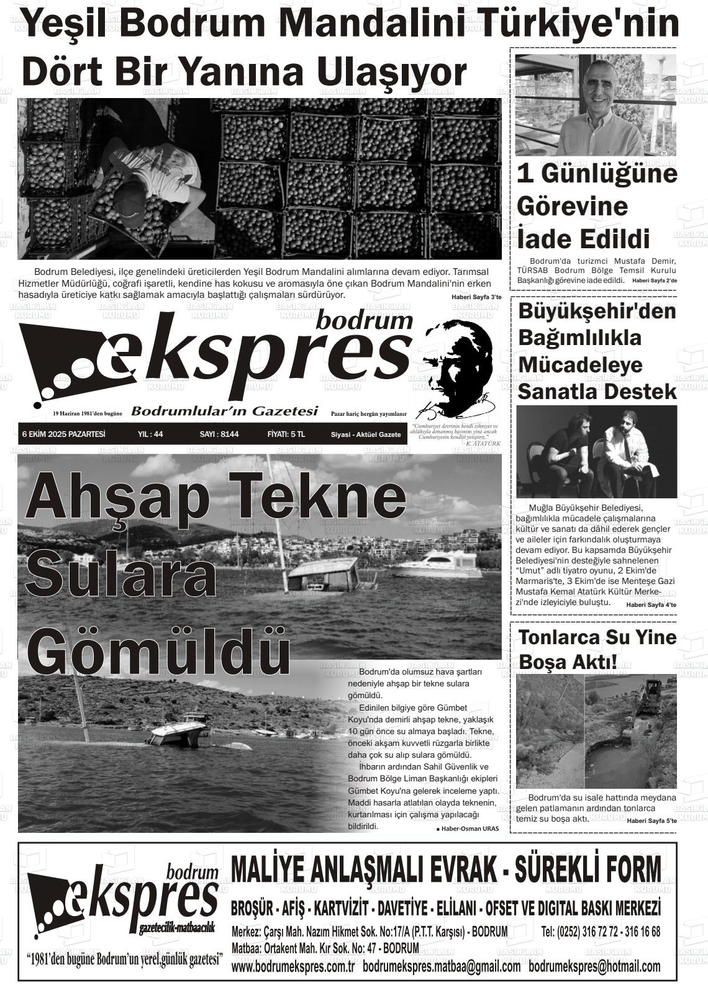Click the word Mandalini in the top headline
pos(360,24)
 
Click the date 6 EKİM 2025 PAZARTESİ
pos(63,434)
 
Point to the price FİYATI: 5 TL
pos(286,434)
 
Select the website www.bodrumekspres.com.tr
pos(293,967)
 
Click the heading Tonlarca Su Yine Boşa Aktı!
pos(597,649)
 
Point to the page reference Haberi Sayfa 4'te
pos(651,604)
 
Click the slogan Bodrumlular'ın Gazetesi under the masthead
pos(225,411)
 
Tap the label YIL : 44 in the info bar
pos(150,434)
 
